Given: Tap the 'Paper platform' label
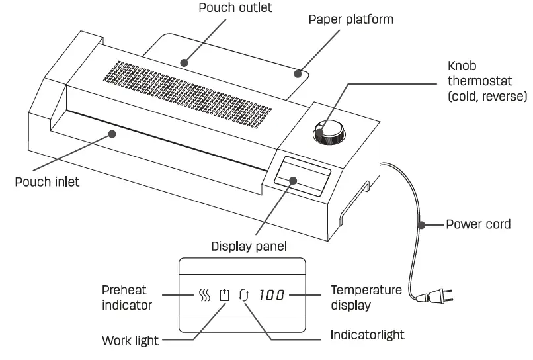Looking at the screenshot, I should pos(350,19).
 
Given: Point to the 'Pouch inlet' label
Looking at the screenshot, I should pos(47,182).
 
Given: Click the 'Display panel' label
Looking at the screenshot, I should pos(249,246).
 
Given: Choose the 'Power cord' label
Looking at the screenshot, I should pos(478,224).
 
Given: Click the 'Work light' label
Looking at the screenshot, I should pos(130,341).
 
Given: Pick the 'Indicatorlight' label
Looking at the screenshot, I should pos(367,336).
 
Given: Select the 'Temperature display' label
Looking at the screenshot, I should pos(366,298).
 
